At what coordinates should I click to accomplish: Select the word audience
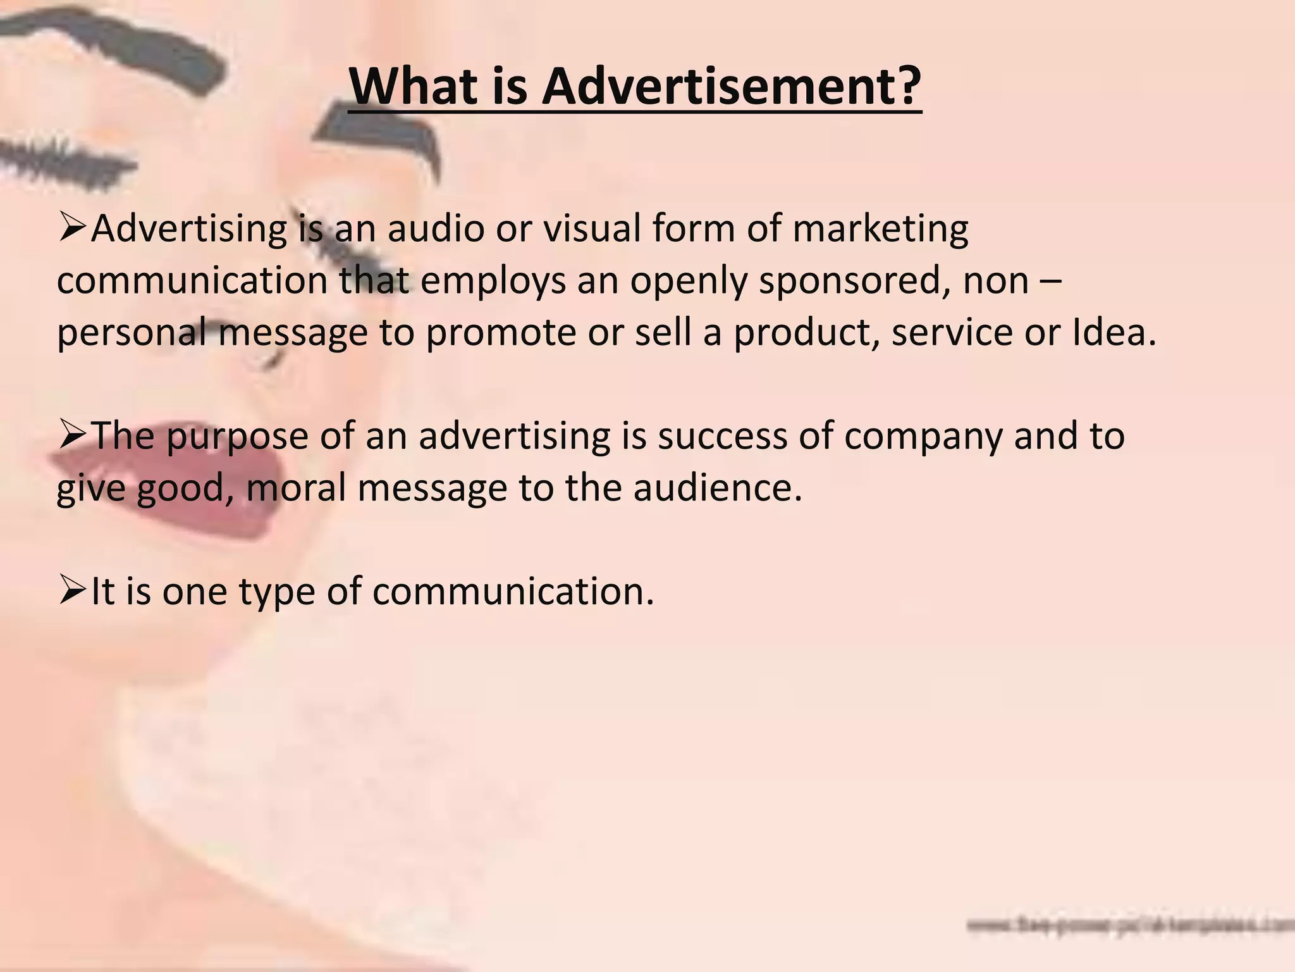(x=717, y=488)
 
